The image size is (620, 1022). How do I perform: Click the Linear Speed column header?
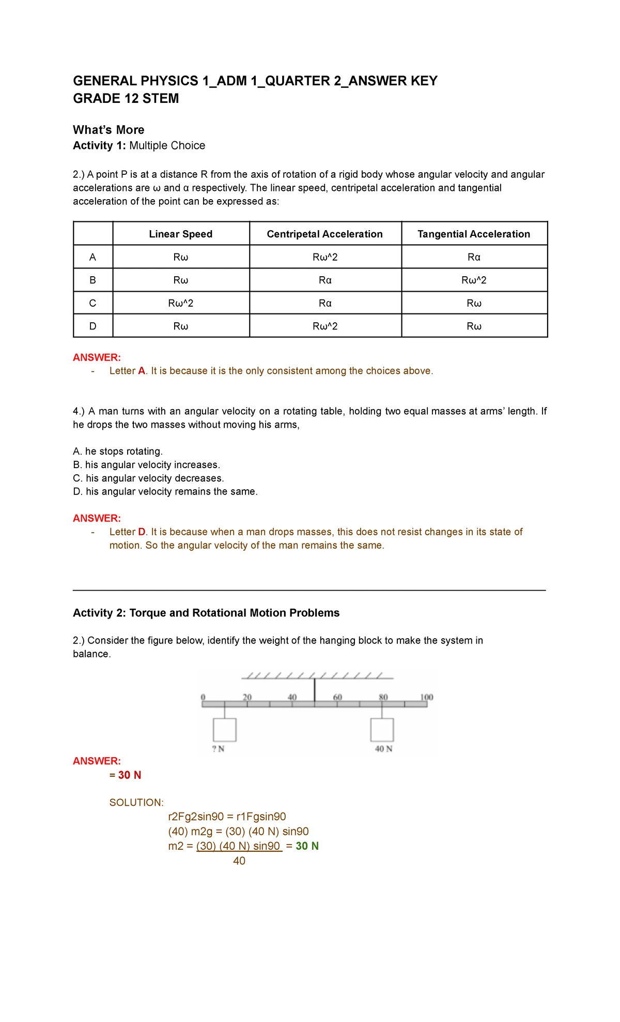point(180,234)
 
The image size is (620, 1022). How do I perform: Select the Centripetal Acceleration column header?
point(324,234)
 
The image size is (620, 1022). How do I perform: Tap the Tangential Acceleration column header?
point(473,234)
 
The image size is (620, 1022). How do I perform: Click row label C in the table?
point(92,303)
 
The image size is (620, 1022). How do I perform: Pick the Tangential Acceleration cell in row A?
point(473,257)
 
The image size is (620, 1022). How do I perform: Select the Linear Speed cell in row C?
point(180,303)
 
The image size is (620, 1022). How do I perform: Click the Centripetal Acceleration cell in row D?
point(324,326)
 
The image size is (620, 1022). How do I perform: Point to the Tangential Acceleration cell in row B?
point(473,280)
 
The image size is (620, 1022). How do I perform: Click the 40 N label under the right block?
point(383,748)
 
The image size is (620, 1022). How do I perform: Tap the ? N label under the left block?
point(218,748)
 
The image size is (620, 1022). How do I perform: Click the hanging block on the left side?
point(224,729)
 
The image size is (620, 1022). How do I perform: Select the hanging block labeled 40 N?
point(382,729)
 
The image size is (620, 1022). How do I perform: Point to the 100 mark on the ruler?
point(426,697)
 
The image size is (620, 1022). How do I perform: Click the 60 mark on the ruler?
point(337,697)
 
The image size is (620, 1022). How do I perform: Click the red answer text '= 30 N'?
point(125,775)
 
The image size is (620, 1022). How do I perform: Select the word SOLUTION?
point(136,802)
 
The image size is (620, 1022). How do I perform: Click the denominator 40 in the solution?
point(239,861)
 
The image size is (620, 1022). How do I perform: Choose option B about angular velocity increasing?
point(146,464)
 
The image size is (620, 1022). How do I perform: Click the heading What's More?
point(109,130)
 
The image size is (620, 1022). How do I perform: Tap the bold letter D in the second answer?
point(142,532)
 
